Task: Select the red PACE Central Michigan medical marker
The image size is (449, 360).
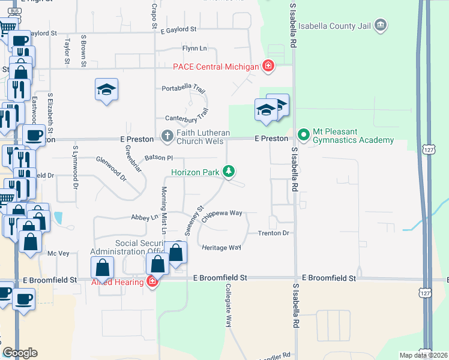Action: tap(268, 66)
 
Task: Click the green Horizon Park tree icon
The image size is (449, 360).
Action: tap(228, 172)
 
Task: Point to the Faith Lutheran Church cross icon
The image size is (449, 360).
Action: tap(167, 136)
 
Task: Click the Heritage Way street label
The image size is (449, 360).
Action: tap(221, 247)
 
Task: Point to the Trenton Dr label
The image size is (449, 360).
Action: tap(274, 233)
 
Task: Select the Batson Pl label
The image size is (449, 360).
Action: tap(158, 158)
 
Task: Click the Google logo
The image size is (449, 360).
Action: tap(20, 353)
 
